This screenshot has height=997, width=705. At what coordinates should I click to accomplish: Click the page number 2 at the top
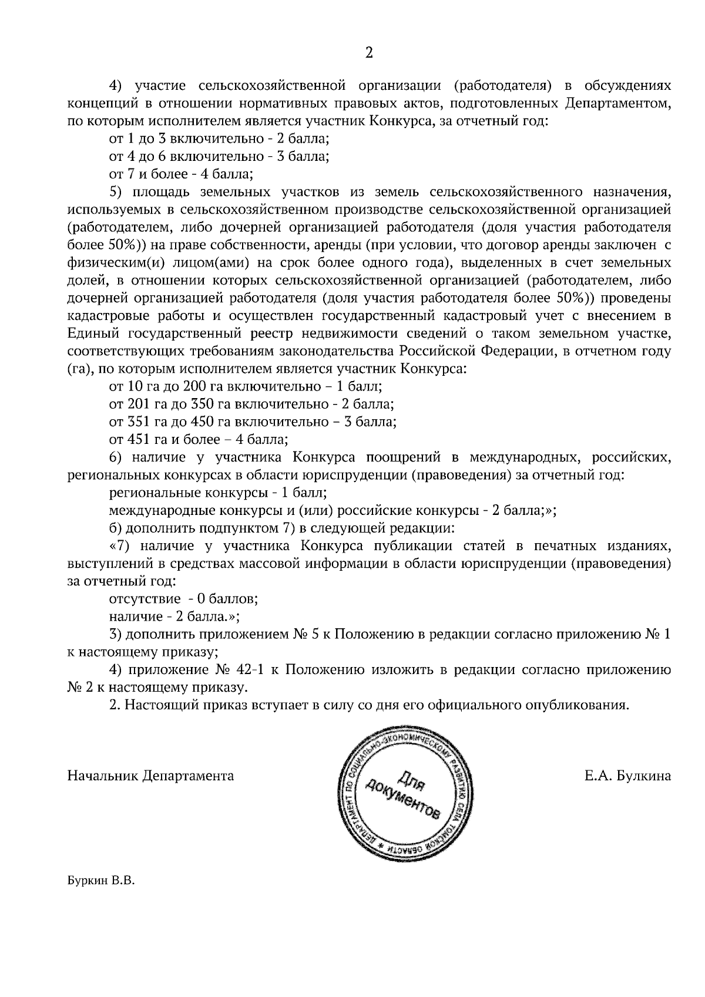pyautogui.click(x=368, y=53)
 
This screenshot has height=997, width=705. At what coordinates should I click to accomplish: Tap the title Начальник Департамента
pyautogui.click(x=150, y=776)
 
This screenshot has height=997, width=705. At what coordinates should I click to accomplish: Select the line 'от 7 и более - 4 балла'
pyautogui.click(x=181, y=174)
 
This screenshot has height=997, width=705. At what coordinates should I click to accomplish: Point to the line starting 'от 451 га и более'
pyautogui.click(x=198, y=439)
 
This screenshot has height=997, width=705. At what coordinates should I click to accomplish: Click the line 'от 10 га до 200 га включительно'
pyautogui.click(x=246, y=386)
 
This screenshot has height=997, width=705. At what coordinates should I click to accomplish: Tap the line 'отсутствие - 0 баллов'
pyautogui.click(x=183, y=599)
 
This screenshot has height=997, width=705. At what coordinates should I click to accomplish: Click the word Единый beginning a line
pyautogui.click(x=93, y=334)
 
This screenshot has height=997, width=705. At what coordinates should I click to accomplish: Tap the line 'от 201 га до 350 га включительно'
pyautogui.click(x=251, y=404)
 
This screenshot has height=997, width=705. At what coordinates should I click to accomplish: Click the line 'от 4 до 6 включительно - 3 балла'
pyautogui.click(x=219, y=157)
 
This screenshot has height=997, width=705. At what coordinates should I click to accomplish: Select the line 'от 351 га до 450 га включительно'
pyautogui.click(x=253, y=422)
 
